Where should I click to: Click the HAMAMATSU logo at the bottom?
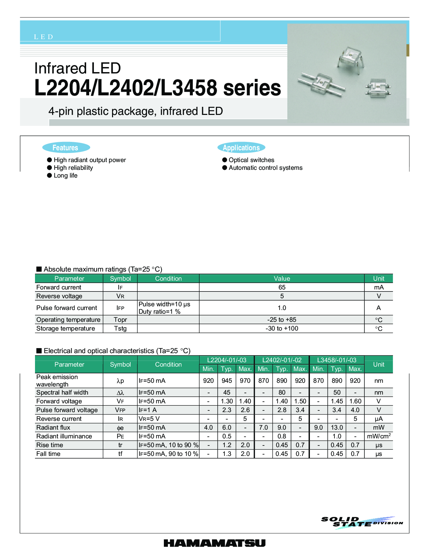[x=214, y=543]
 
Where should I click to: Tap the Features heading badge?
[x=66, y=148]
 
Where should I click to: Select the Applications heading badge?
[x=241, y=148]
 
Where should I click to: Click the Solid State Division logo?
[x=362, y=522]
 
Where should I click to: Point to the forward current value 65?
[x=282, y=287]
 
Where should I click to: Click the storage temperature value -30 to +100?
[x=282, y=329]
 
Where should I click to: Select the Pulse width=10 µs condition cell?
[x=165, y=304]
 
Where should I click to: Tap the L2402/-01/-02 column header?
[x=282, y=360]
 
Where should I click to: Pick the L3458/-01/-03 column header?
[x=336, y=360]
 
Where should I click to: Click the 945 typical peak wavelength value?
[x=227, y=381]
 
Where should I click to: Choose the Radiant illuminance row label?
[x=64, y=436]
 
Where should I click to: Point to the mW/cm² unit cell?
[x=379, y=436]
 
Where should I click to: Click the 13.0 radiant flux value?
[x=337, y=428]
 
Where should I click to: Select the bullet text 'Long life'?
[x=66, y=176]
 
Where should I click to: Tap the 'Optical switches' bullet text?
[x=251, y=160]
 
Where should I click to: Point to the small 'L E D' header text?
[x=43, y=37]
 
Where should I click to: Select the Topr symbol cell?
[x=120, y=320]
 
